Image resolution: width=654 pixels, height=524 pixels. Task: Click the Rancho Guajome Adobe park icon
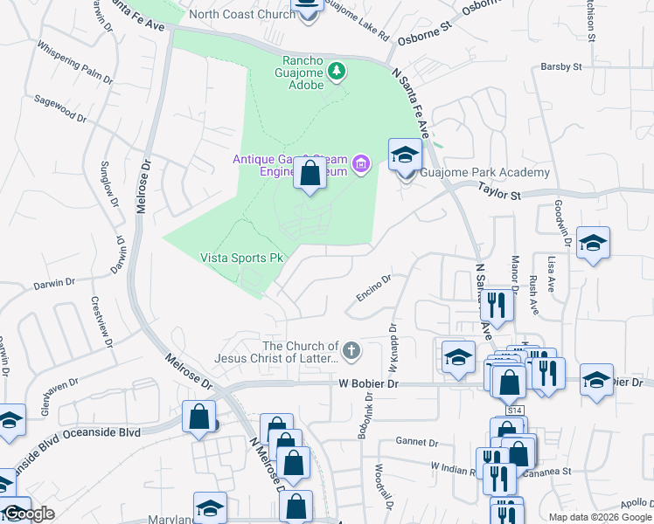click(337, 70)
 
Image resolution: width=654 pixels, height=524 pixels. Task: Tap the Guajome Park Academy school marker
click(405, 155)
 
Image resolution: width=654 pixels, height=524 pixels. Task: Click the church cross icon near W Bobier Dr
click(351, 352)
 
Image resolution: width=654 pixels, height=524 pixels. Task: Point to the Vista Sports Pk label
click(242, 258)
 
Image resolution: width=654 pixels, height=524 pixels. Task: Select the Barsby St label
click(561, 66)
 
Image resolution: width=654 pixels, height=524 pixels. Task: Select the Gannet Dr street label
click(415, 440)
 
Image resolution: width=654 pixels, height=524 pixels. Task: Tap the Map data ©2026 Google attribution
click(599, 517)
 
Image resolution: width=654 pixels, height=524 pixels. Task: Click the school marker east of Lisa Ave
click(593, 244)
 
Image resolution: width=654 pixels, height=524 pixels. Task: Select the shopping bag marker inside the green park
click(310, 173)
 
